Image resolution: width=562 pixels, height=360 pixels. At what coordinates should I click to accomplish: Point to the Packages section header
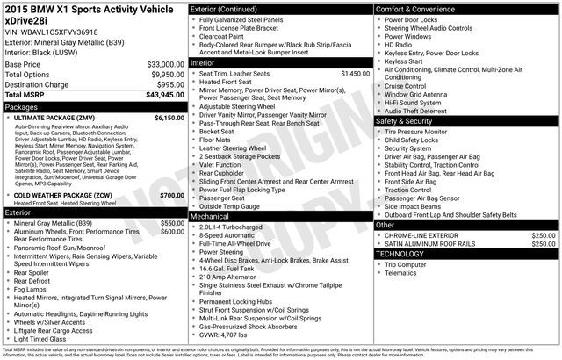(x=22, y=106)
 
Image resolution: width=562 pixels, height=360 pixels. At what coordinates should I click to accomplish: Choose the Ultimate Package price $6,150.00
(x=162, y=117)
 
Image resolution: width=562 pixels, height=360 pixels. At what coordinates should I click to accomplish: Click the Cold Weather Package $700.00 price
(x=171, y=195)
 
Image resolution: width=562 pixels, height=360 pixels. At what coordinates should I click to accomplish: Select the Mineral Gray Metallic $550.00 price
(x=171, y=223)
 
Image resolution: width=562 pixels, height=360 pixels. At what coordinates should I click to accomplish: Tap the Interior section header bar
(x=204, y=63)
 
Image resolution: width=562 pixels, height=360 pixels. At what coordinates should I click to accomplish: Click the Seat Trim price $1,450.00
(x=354, y=74)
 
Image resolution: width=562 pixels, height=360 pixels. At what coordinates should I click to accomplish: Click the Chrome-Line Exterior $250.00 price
(x=543, y=235)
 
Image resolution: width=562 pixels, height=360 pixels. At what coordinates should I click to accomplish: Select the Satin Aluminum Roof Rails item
(x=429, y=244)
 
